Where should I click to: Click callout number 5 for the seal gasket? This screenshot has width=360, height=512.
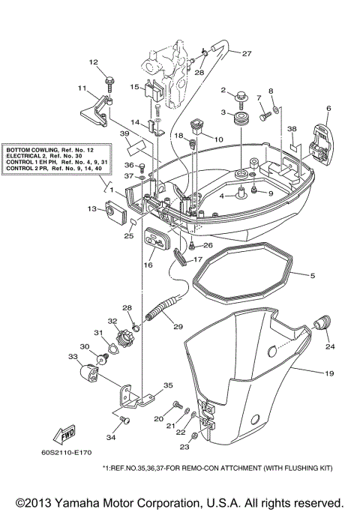(x=313, y=276)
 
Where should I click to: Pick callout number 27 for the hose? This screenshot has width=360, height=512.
(x=246, y=53)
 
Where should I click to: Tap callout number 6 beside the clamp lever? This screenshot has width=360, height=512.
(x=328, y=109)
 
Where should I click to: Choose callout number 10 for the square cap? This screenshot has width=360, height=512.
(x=218, y=139)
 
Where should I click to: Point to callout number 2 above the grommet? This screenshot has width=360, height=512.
(x=223, y=91)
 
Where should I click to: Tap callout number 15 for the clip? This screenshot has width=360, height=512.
(x=134, y=87)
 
